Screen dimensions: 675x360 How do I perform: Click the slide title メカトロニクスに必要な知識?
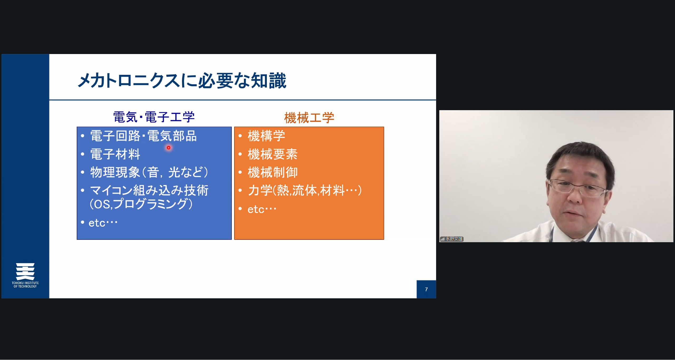point(182,81)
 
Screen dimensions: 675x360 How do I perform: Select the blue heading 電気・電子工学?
point(154,117)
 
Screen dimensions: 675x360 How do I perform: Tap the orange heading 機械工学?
point(309,118)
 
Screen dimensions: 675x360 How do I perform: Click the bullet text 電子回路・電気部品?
point(143,136)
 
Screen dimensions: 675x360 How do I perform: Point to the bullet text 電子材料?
point(115,154)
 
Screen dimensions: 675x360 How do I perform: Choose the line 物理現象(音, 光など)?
point(149,172)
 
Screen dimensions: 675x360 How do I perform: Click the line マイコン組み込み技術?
point(149,190)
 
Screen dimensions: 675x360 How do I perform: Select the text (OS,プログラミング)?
point(141,204)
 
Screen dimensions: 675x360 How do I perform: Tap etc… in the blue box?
point(103,223)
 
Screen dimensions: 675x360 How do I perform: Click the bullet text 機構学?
point(266,136)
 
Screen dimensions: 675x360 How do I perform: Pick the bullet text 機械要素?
point(273,154)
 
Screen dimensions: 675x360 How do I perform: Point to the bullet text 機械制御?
point(273,172)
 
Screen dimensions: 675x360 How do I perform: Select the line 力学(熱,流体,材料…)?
point(305,190)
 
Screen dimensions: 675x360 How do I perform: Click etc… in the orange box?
point(262,209)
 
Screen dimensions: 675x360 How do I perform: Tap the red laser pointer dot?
point(168,148)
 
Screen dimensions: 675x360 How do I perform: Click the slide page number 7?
point(426,289)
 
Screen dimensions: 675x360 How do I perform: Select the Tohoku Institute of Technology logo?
point(25,275)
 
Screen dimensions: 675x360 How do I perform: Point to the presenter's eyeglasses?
point(577,188)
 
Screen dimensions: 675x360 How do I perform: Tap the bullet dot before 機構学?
point(240,136)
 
